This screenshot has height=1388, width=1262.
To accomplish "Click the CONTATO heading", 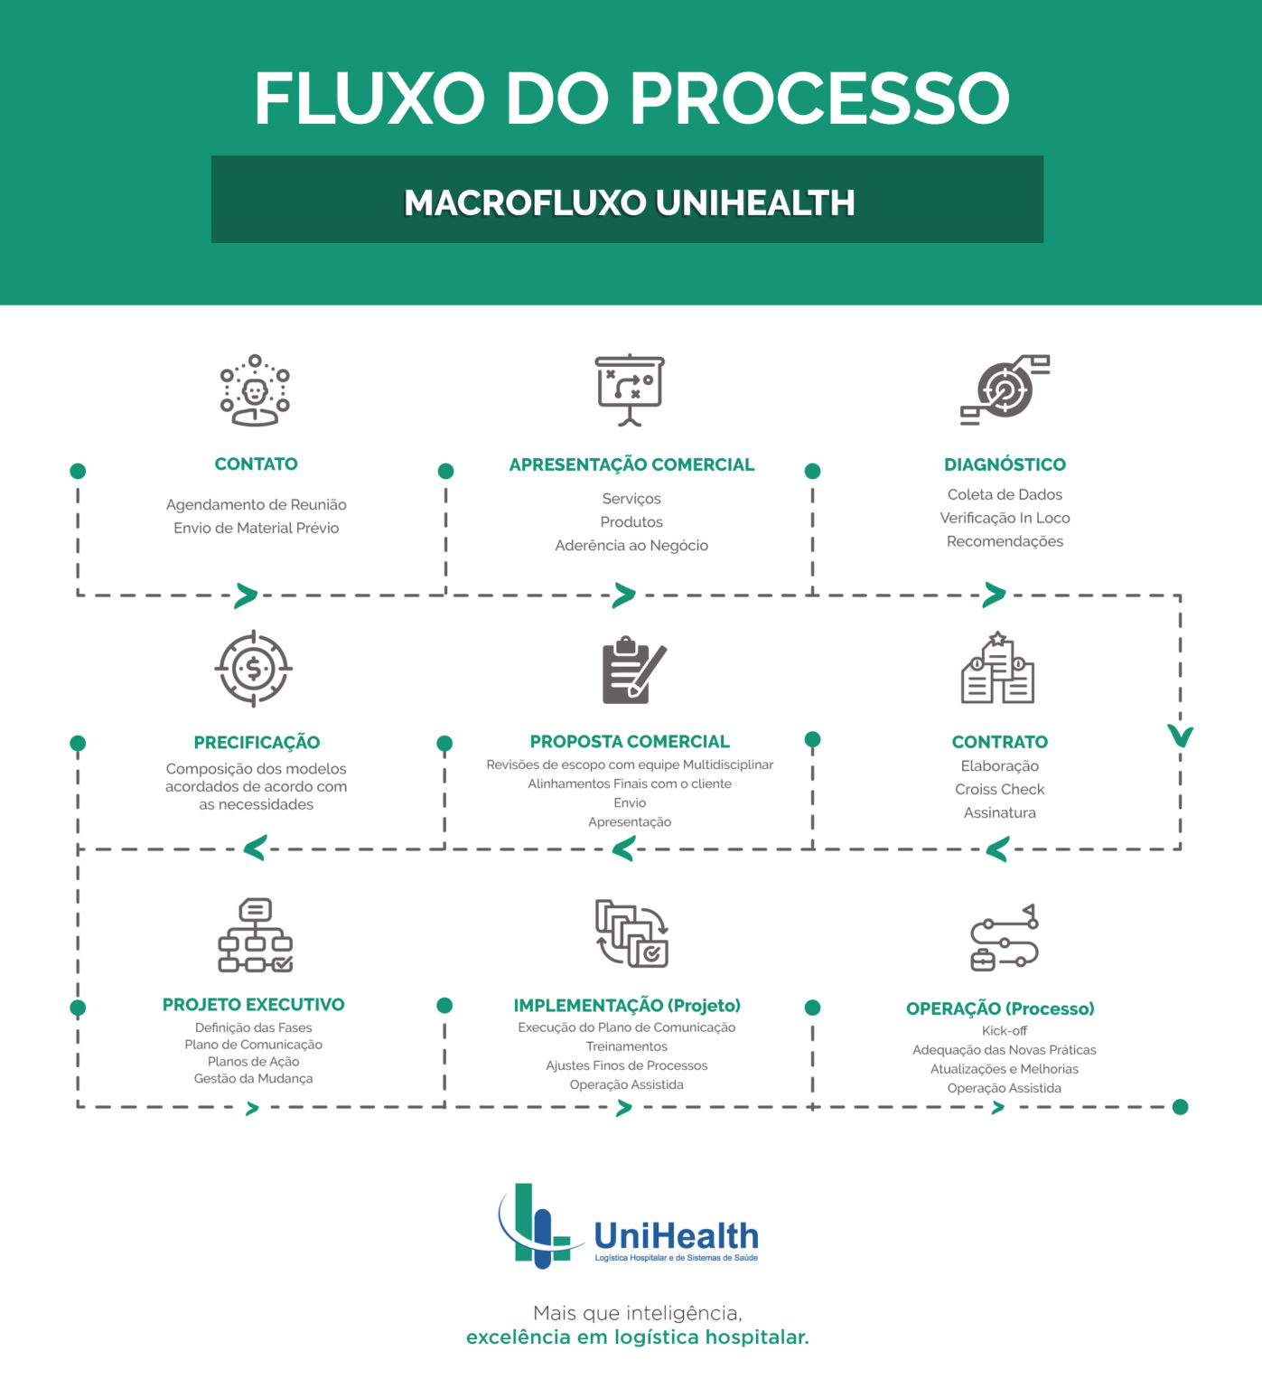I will [x=256, y=464].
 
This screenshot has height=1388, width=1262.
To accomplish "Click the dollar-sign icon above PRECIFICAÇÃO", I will [x=254, y=669].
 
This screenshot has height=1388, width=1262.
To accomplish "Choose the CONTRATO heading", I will [x=999, y=742].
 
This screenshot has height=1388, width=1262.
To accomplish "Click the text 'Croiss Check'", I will [x=999, y=789].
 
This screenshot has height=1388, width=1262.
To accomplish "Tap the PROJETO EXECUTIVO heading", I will [x=253, y=1004].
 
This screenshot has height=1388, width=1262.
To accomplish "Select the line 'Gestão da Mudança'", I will [x=253, y=1078].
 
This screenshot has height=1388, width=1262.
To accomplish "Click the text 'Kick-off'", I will [x=1004, y=1030].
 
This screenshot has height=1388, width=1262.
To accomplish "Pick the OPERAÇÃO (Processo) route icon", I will [x=1004, y=937].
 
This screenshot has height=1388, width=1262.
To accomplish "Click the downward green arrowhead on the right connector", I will [x=1180, y=736].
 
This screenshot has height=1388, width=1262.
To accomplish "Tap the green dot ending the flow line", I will [x=1180, y=1107].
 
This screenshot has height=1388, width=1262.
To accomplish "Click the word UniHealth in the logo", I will [x=676, y=1234].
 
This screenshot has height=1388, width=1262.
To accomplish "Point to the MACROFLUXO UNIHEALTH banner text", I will [x=629, y=202].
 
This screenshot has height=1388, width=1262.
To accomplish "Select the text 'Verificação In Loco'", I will [x=1005, y=518].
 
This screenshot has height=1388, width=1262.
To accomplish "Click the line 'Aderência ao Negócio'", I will [x=631, y=545].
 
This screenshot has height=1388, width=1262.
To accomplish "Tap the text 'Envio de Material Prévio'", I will [x=256, y=528].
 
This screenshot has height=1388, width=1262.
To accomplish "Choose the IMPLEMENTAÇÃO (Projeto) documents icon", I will [x=631, y=933].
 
